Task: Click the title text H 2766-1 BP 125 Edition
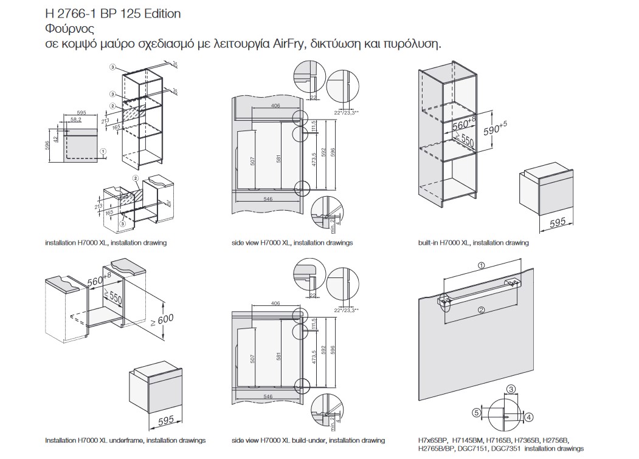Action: tap(112, 13)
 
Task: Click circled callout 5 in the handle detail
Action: tap(477, 412)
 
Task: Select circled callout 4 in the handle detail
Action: tap(529, 417)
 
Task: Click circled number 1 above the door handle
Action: tap(480, 265)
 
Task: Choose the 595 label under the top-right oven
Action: tap(557, 223)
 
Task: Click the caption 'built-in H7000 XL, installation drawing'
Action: tap(473, 243)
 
